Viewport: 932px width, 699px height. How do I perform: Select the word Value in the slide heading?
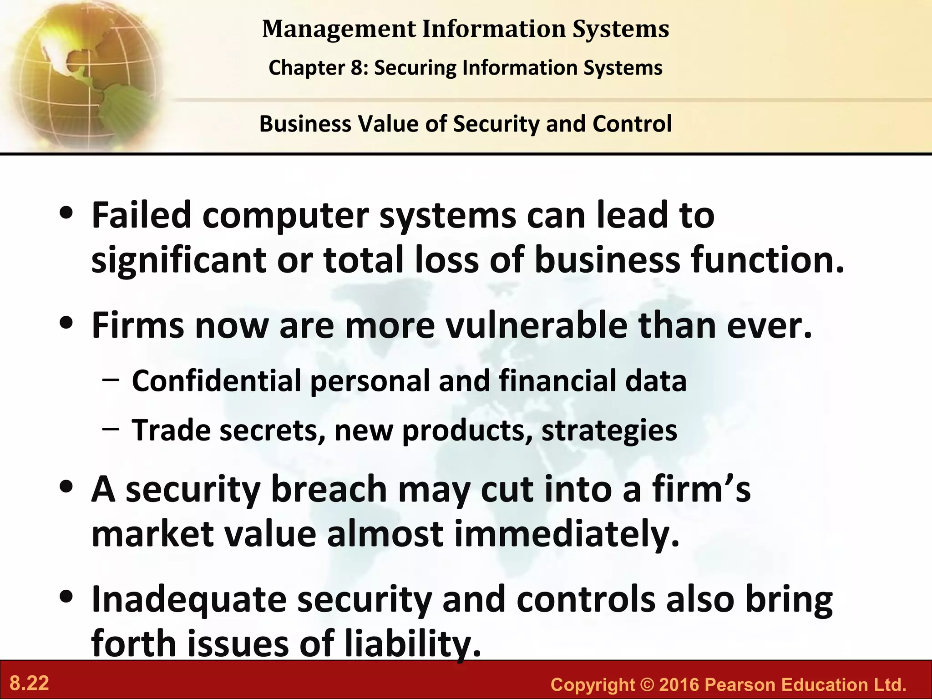(x=388, y=124)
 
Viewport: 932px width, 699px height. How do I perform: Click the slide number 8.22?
(x=30, y=684)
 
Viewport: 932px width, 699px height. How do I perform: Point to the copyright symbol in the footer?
(x=647, y=684)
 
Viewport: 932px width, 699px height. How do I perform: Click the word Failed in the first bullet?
(x=142, y=215)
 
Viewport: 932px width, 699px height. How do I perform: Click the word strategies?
(x=609, y=430)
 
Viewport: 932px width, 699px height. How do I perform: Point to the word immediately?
(x=567, y=534)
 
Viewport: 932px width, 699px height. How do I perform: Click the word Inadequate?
(x=189, y=600)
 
